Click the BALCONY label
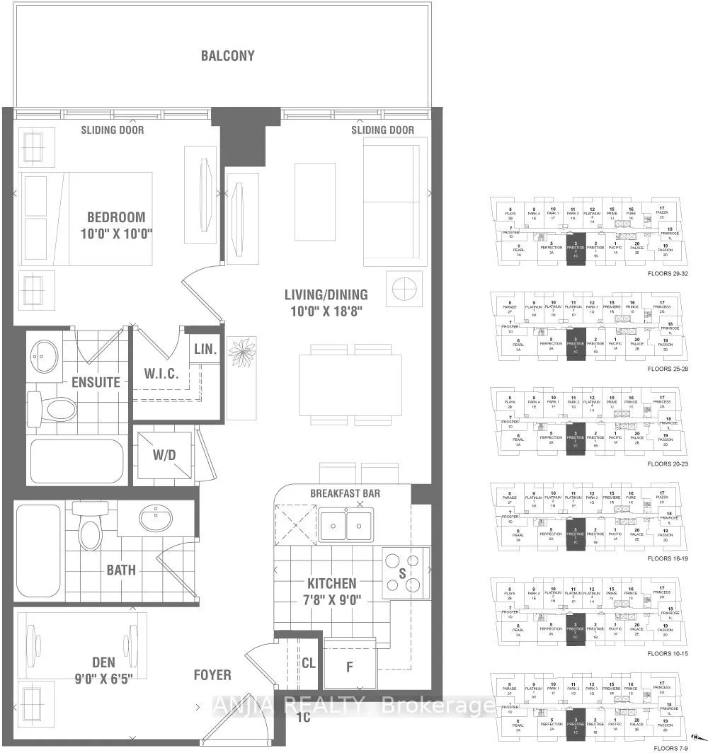tap(227, 56)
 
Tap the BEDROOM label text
tap(117, 217)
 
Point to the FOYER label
tap(212, 675)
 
